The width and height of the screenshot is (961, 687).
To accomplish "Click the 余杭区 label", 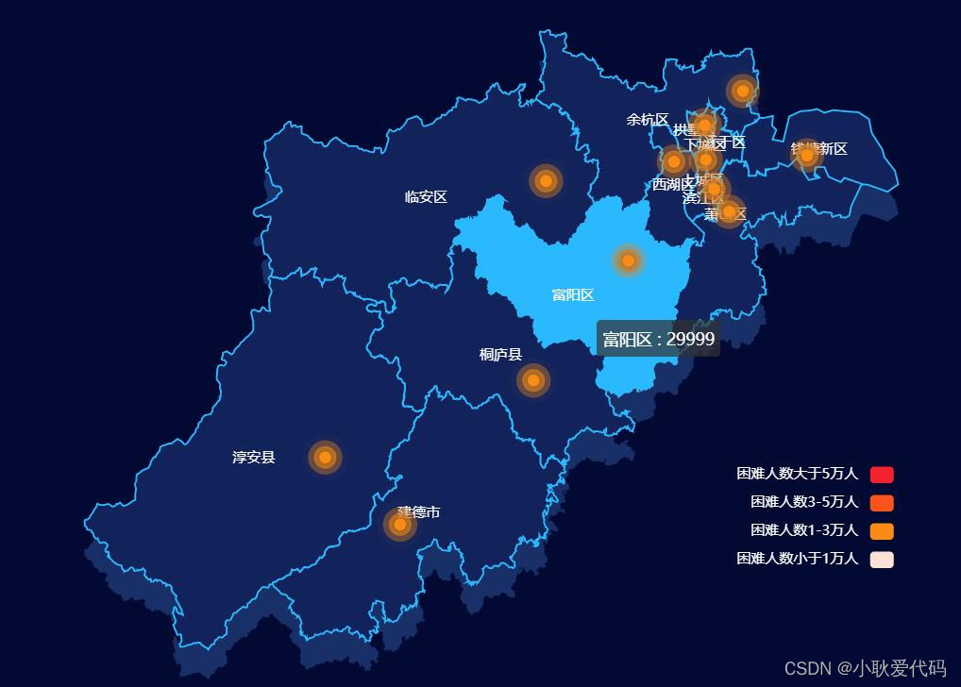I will tap(648, 120).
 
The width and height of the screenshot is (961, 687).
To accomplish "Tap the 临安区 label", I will tap(426, 197).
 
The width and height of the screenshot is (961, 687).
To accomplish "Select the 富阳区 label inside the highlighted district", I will tap(573, 295).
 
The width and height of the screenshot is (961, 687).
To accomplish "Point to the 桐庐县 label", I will tap(500, 355).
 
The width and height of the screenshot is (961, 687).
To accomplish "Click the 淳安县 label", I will tap(254, 458).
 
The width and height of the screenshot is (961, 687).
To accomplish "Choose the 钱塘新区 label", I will tap(819, 149).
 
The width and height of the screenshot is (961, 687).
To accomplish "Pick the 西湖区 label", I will tap(672, 184).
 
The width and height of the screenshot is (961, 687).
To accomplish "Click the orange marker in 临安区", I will tap(546, 180).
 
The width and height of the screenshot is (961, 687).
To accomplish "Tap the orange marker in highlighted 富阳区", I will tap(628, 260).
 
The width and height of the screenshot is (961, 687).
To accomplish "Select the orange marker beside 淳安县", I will tap(325, 457).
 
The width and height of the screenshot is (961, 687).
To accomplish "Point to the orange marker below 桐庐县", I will tap(533, 380).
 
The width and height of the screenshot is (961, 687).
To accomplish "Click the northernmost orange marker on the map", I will tap(743, 91).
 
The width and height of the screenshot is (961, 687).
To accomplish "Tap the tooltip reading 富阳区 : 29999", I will tap(658, 339).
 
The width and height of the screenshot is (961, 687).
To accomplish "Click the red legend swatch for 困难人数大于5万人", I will tap(882, 474).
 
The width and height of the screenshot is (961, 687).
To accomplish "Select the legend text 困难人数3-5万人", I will tap(803, 502).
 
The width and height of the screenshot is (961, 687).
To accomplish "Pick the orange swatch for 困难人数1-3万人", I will tap(882, 530).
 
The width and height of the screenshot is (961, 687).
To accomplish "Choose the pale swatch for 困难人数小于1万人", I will tap(882, 559).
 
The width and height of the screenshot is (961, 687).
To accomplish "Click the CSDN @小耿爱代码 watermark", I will tap(865, 668).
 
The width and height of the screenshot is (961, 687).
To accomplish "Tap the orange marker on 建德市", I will tap(399, 524).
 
